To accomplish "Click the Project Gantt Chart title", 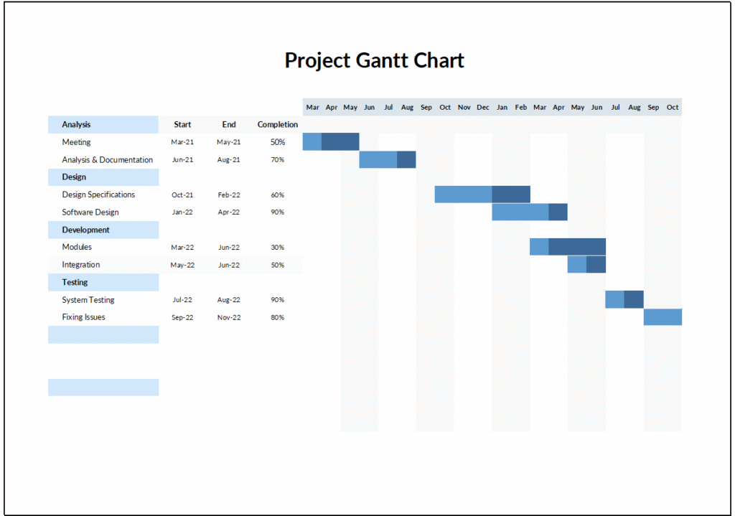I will click(x=374, y=60).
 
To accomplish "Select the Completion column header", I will click(x=278, y=125).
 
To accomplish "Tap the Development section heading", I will click(x=85, y=230).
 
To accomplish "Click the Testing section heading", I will click(x=75, y=283).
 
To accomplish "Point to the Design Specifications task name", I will click(x=98, y=195).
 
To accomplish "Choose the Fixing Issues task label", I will click(x=83, y=317).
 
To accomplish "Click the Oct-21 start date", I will click(x=182, y=195).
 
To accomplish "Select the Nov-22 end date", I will click(x=229, y=317).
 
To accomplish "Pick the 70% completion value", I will click(x=277, y=160).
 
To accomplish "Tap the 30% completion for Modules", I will click(x=277, y=248).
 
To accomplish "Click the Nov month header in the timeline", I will click(x=464, y=108).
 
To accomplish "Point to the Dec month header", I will click(x=483, y=108).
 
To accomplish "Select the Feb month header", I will click(x=521, y=108).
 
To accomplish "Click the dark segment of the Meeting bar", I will click(x=340, y=142).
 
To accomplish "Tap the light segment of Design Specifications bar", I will click(x=463, y=194).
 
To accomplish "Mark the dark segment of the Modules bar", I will click(x=577, y=247).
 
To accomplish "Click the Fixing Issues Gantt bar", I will click(x=663, y=317).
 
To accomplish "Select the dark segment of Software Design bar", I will click(x=558, y=212).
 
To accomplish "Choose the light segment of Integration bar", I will click(x=576, y=264).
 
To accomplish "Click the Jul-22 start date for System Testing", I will click(x=182, y=300).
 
